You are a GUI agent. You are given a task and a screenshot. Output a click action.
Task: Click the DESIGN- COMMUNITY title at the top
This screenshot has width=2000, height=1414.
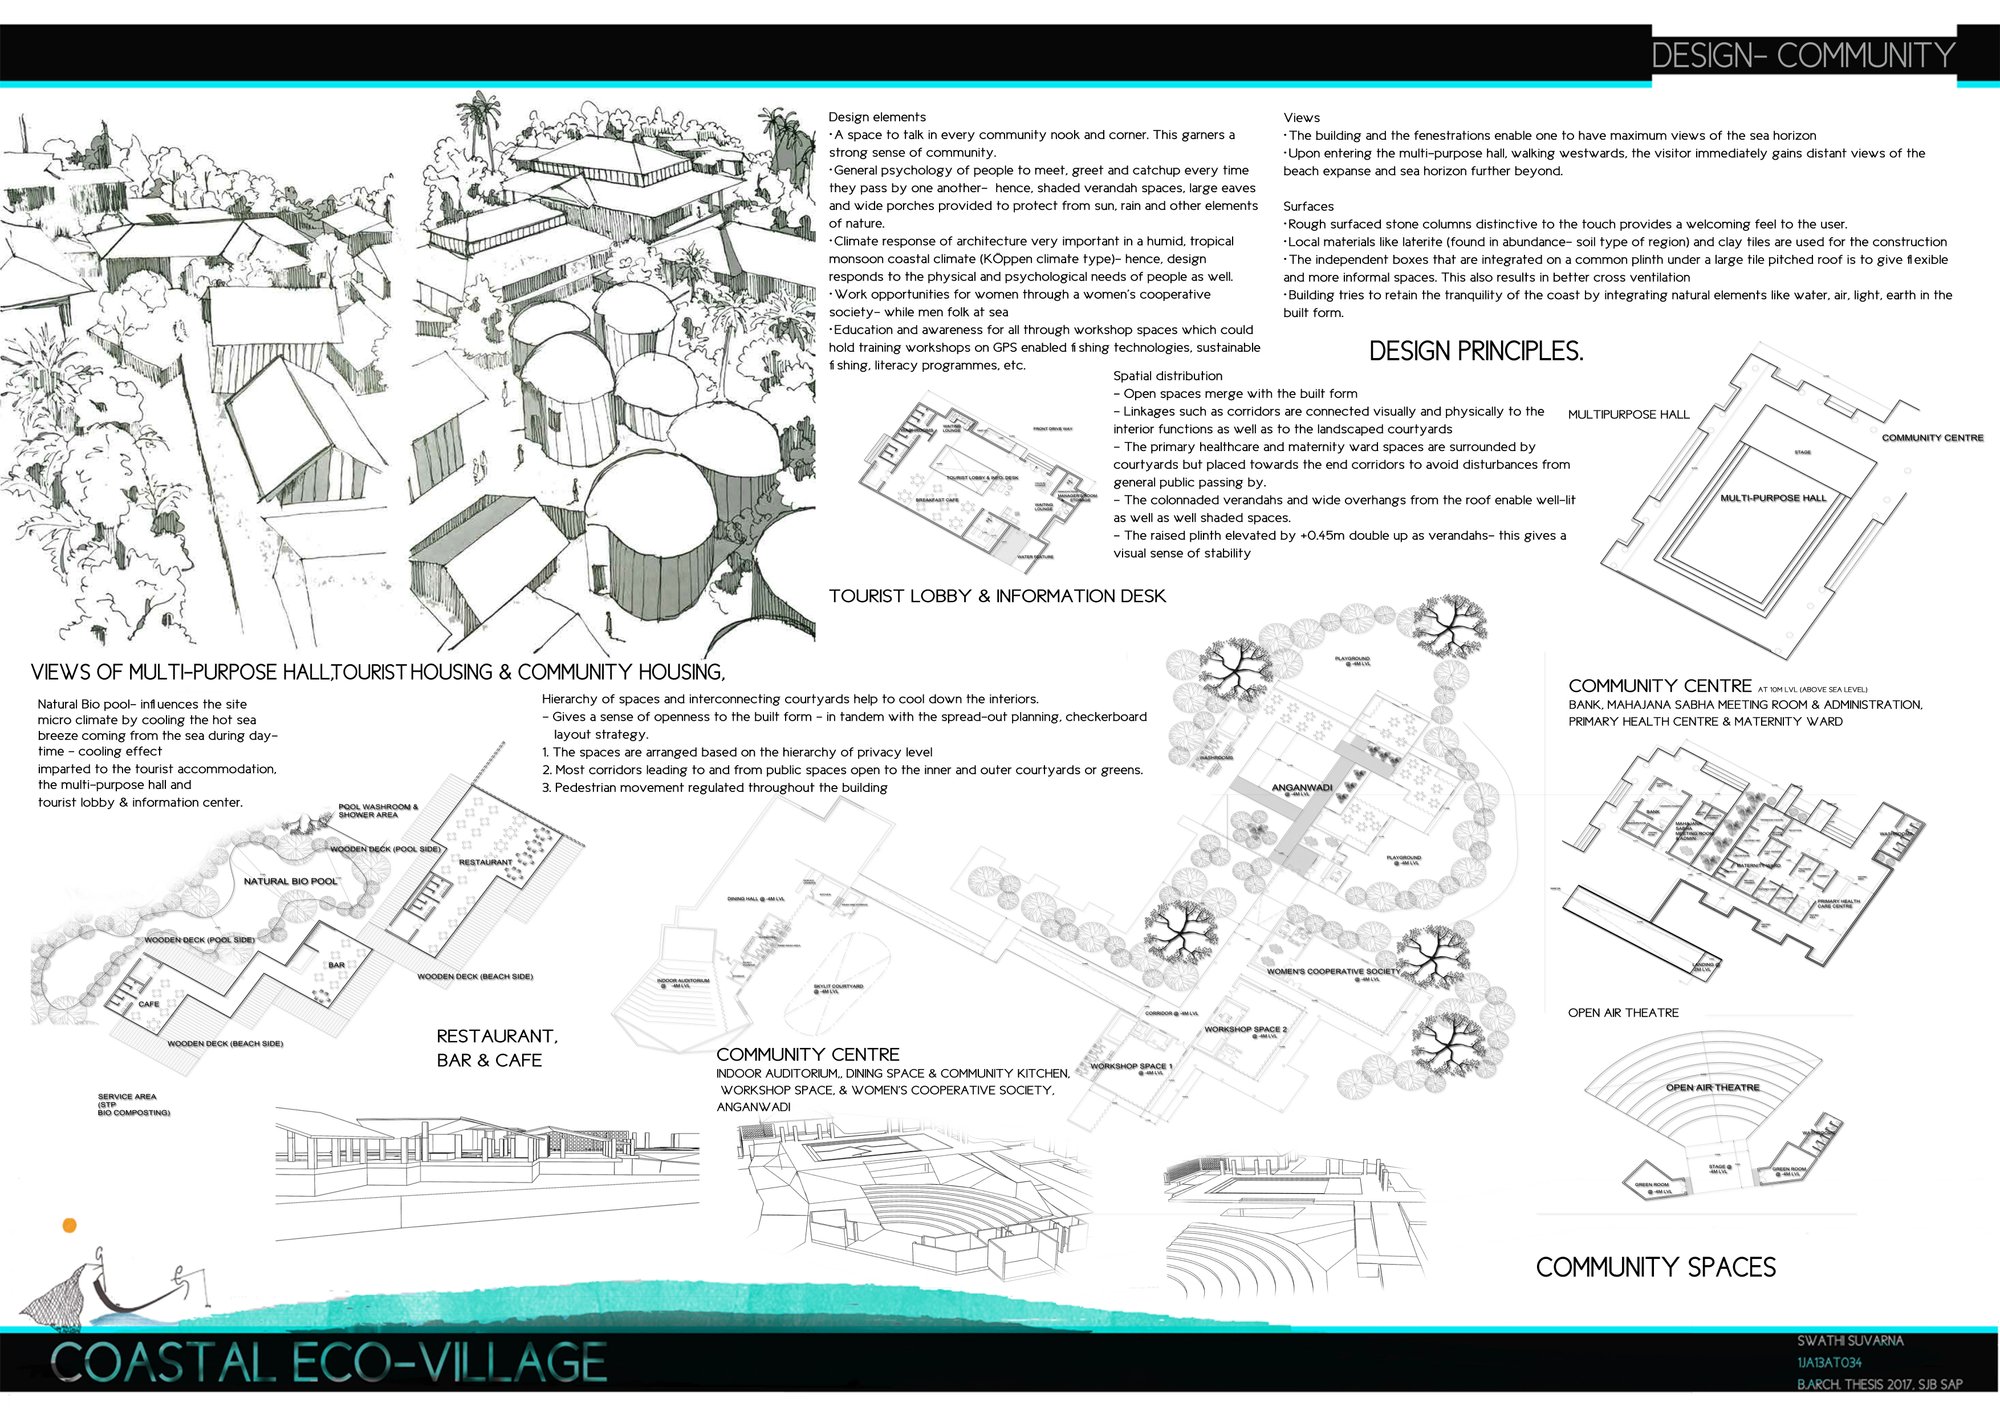[x=1803, y=55]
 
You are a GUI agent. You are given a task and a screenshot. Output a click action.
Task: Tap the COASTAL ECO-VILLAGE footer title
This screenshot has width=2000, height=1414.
[x=328, y=1362]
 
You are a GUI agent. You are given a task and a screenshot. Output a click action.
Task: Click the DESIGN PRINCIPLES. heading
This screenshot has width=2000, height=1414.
[x=1475, y=351]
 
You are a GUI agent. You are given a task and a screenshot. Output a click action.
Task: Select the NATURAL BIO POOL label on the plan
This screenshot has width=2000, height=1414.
[x=291, y=881]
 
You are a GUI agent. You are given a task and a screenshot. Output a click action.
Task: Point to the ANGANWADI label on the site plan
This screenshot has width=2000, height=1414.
[x=1301, y=787]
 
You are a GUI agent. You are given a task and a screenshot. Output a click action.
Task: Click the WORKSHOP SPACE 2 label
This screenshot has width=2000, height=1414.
[x=1245, y=1029]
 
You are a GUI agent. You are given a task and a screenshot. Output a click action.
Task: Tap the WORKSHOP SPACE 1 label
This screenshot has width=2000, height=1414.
[x=1131, y=1066]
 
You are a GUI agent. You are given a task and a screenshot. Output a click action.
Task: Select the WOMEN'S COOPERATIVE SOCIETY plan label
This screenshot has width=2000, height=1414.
[x=1333, y=971]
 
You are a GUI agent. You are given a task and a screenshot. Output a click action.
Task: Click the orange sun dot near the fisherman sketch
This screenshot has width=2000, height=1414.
[x=69, y=1225]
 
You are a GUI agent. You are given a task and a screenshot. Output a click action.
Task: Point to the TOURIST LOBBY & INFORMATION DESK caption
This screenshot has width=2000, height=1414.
[x=997, y=596]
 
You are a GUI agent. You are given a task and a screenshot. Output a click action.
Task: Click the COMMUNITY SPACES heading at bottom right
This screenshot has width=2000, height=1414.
[x=1655, y=1267]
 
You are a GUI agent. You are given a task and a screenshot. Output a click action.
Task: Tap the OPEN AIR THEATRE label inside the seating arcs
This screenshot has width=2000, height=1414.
[x=1712, y=1087]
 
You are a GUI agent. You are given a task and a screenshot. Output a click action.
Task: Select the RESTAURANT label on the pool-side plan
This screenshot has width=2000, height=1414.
[x=485, y=862]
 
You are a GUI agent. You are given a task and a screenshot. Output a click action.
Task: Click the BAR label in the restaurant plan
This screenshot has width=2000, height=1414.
[x=337, y=965]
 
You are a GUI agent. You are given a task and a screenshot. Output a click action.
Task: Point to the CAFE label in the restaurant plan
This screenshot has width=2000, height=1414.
[x=149, y=1003]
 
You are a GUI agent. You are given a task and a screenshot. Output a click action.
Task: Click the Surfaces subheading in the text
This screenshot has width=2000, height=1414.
[x=1308, y=206]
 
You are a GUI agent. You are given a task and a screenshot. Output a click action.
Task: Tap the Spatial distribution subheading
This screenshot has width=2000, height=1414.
[x=1167, y=376]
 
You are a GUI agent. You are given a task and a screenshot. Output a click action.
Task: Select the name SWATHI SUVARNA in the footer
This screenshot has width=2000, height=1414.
[x=1849, y=1340]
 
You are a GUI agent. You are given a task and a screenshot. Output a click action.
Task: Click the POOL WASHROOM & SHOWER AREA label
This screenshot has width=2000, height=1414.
[x=377, y=810]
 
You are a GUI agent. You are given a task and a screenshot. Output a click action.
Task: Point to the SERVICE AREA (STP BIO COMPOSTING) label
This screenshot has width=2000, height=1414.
[x=133, y=1104]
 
